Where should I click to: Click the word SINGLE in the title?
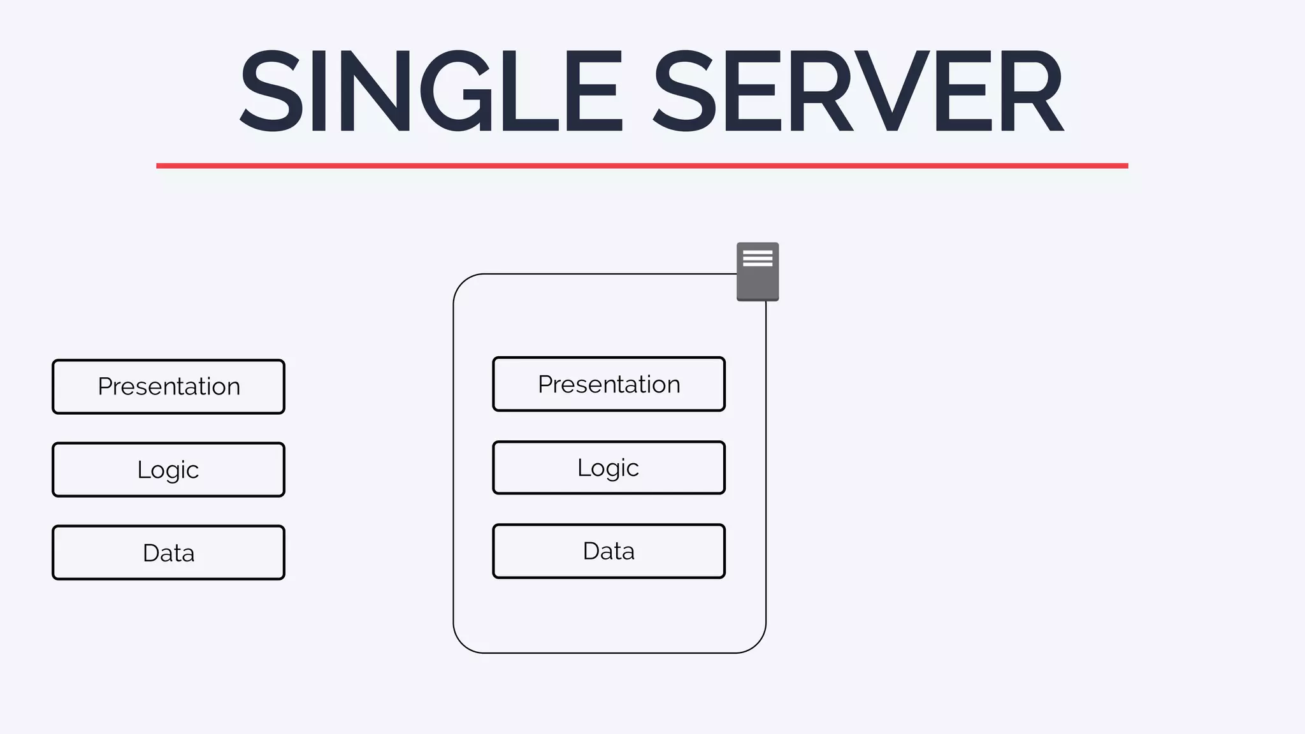pyautogui.click(x=431, y=91)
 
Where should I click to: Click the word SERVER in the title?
pyautogui.click(x=859, y=91)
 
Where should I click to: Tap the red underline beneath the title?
pyautogui.click(x=642, y=166)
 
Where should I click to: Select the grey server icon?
pyautogui.click(x=758, y=272)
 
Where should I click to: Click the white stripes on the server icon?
pyautogui.click(x=758, y=258)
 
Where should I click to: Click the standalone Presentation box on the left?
pyautogui.click(x=168, y=387)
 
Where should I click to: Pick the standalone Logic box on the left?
pyautogui.click(x=168, y=470)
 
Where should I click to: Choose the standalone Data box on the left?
pyautogui.click(x=168, y=552)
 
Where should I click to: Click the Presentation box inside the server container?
pyautogui.click(x=609, y=384)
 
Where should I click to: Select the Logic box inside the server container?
pyautogui.click(x=609, y=468)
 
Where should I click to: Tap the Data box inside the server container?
pyautogui.click(x=609, y=551)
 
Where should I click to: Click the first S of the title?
pyautogui.click(x=271, y=91)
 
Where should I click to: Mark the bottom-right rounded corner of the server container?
pyautogui.click(x=756, y=643)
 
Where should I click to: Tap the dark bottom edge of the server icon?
pyautogui.click(x=758, y=299)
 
